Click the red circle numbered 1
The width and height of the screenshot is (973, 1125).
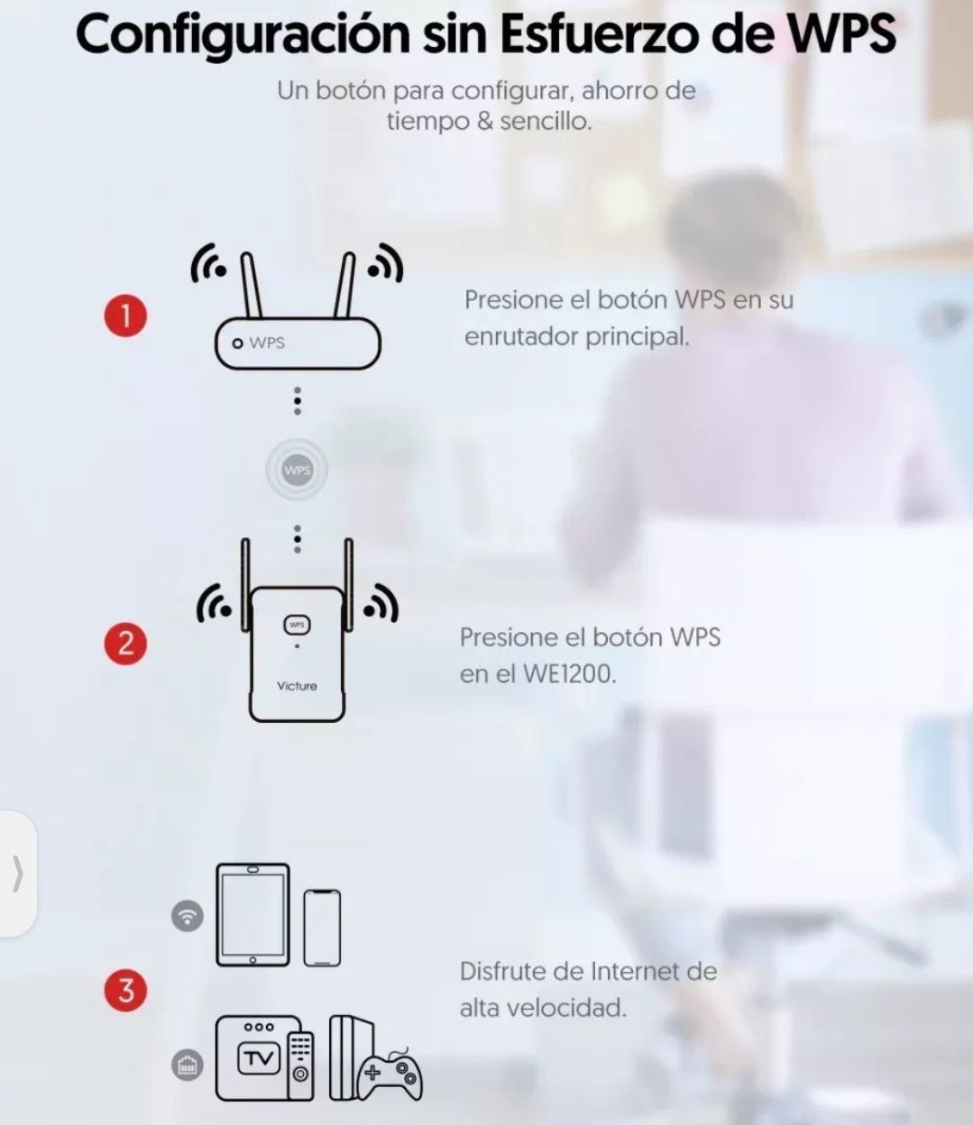coord(125,316)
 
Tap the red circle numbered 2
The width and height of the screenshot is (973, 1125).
coord(125,643)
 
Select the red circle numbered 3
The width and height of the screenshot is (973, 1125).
coord(125,990)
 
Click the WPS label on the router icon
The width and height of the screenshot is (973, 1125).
coord(267,343)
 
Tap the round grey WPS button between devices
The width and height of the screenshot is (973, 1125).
coord(297,470)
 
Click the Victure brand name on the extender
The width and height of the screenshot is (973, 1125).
coord(297,686)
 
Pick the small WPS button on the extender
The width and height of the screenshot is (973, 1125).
coord(297,624)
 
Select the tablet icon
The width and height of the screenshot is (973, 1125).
coord(252,915)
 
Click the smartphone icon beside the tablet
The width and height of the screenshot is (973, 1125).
coord(322,928)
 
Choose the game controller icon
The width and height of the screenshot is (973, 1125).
coord(390,1075)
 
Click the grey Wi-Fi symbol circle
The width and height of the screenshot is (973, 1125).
coord(188,916)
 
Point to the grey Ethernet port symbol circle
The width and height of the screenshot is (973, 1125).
coord(188,1065)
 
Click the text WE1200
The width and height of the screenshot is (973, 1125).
coord(568,673)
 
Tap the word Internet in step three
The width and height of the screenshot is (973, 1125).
coord(635,972)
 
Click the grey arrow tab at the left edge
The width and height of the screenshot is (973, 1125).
coord(17,873)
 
